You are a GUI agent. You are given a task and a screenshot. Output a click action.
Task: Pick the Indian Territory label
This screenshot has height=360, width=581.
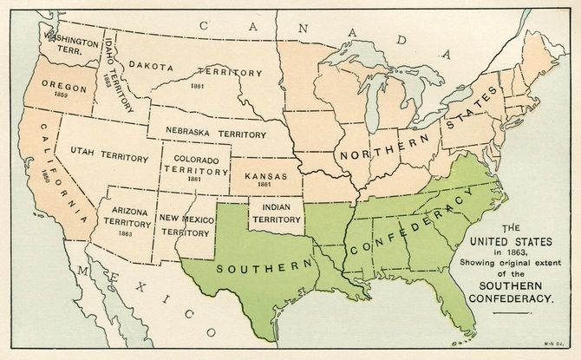277,212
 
